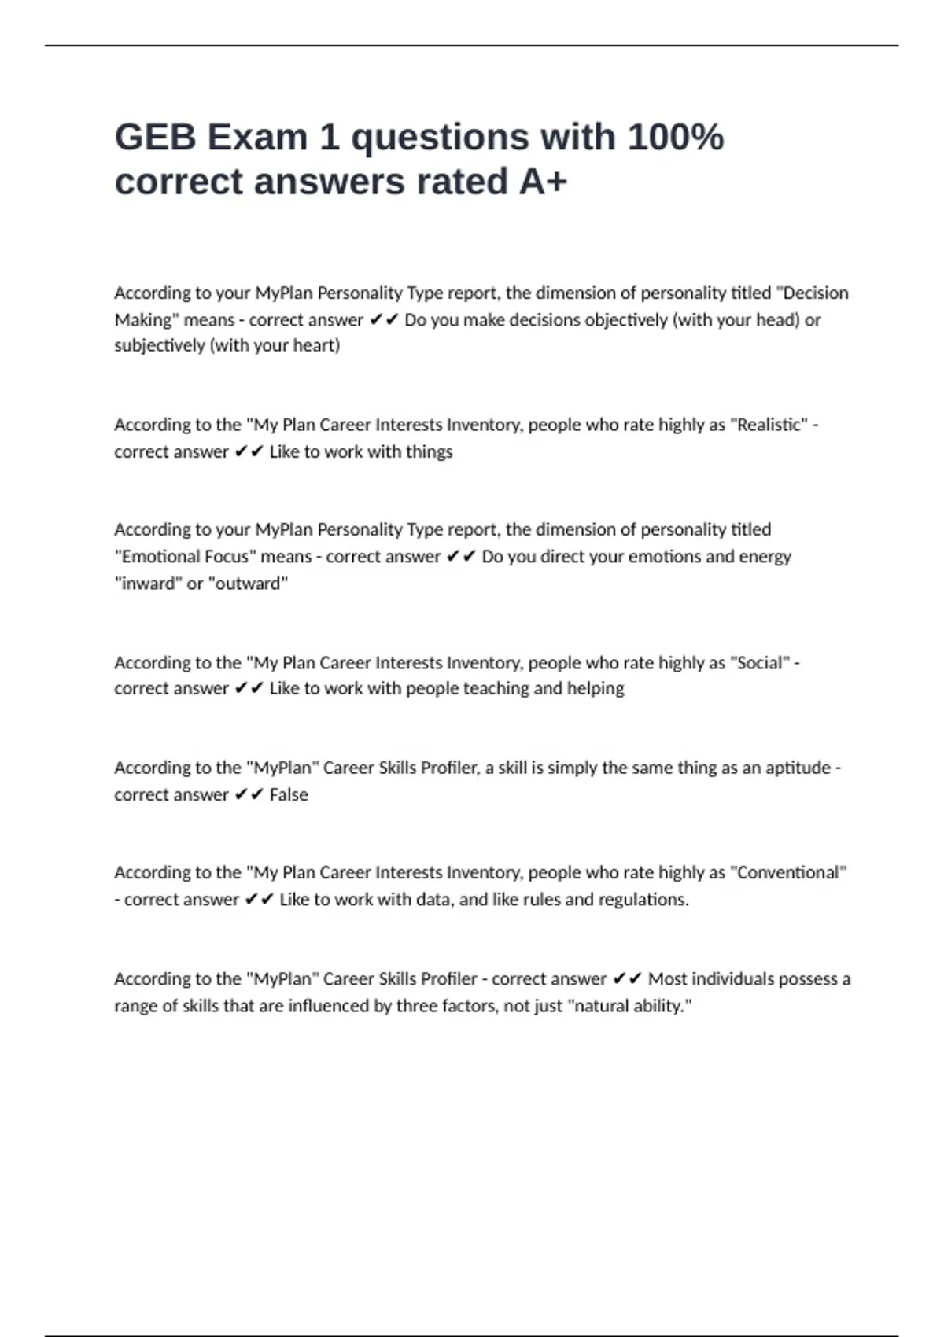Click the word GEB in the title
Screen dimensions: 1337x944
155,138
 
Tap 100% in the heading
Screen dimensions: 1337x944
675,138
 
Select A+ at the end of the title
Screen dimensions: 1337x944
542,182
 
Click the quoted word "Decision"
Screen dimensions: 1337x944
813,293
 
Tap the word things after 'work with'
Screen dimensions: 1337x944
430,452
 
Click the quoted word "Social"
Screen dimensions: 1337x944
760,663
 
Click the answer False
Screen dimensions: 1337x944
289,795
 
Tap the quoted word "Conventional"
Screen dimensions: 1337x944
788,873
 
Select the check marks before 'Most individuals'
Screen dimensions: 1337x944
627,979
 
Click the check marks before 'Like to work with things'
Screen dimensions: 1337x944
249,452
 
